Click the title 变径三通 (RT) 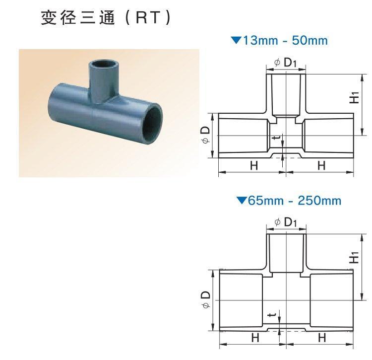coord(106,18)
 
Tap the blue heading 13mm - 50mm coord(285,40)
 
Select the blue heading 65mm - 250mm coord(295,201)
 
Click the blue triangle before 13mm coord(236,40)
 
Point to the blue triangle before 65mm coord(242,201)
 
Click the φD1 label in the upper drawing coord(285,63)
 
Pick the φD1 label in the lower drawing coord(286,222)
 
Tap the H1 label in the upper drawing coord(355,97)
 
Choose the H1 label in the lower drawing coord(355,257)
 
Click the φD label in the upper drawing coord(206,134)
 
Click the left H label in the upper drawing coord(254,165)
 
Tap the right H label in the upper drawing coord(321,165)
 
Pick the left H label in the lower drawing coord(255,338)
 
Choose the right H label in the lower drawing coord(322,338)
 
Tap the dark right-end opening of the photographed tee coord(154,125)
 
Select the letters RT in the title coord(147,18)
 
